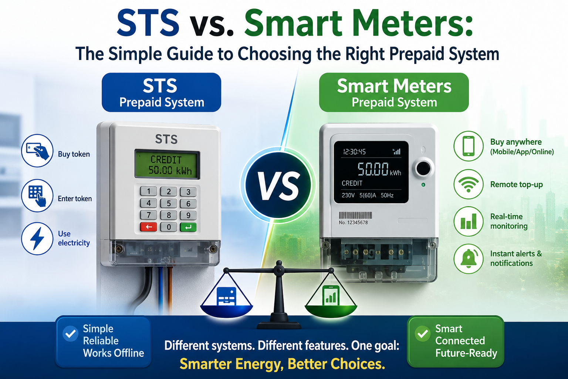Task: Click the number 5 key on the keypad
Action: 169,203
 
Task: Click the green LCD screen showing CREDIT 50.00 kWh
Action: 167,164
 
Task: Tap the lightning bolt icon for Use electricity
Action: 37,239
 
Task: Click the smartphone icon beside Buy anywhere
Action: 469,146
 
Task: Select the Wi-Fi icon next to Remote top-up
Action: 469,184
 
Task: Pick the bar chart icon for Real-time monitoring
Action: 469,221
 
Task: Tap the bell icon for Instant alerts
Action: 469,259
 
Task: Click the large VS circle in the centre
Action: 278,185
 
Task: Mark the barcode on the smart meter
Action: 355,215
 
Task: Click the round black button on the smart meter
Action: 423,168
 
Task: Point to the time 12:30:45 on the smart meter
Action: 354,152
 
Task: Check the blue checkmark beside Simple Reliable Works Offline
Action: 70,333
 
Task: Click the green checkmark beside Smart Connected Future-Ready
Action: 422,333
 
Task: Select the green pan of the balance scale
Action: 331,311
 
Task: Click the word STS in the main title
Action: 148,24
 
